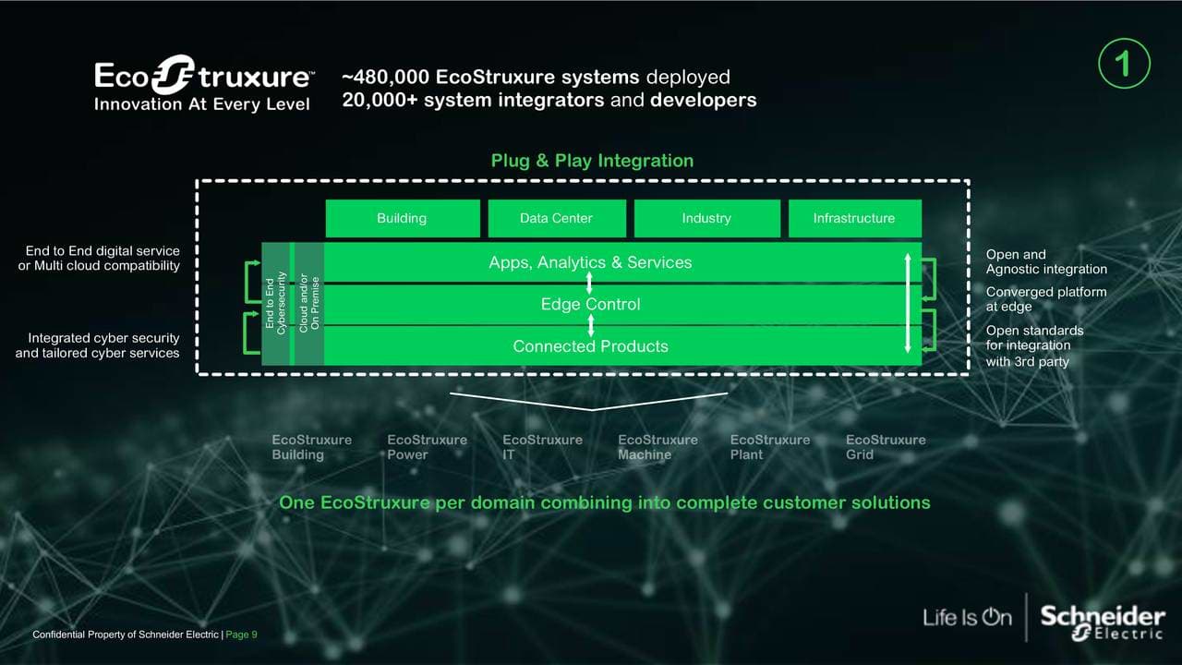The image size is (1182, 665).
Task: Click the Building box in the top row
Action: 402,219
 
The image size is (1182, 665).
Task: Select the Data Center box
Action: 556,219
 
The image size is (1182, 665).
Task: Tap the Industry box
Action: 706,219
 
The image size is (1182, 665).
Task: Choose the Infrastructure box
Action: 854,219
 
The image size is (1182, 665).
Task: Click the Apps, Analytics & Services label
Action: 590,263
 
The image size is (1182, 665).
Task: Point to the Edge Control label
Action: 590,305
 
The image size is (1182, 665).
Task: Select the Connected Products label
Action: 590,346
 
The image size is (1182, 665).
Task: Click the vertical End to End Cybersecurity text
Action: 275,304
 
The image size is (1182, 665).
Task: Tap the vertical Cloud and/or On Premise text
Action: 309,304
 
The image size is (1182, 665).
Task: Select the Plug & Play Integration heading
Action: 592,161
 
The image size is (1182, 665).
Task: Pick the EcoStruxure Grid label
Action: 886,447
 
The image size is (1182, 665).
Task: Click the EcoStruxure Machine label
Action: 657,447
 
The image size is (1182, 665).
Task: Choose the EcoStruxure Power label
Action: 427,447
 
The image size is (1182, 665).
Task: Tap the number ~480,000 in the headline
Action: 385,78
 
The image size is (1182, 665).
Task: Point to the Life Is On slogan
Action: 967,617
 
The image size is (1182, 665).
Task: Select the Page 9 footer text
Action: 242,635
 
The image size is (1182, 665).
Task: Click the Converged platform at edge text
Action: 1045,299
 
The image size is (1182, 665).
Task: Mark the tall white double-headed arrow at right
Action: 908,303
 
